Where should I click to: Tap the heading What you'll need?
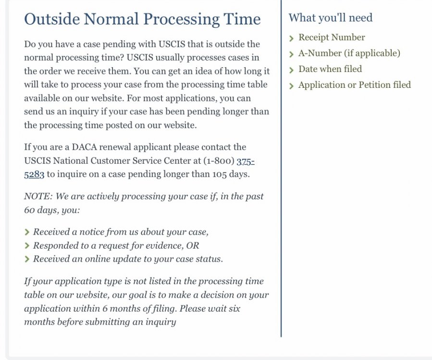point(330,18)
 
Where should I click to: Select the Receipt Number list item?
point(332,37)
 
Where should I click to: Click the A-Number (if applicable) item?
point(349,53)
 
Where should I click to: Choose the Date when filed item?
point(330,69)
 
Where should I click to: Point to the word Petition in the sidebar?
point(370,85)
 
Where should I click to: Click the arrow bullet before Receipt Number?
point(291,38)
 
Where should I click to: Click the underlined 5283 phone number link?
point(34,174)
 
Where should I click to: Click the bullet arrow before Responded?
point(27,246)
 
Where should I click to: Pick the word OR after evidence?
point(193,245)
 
